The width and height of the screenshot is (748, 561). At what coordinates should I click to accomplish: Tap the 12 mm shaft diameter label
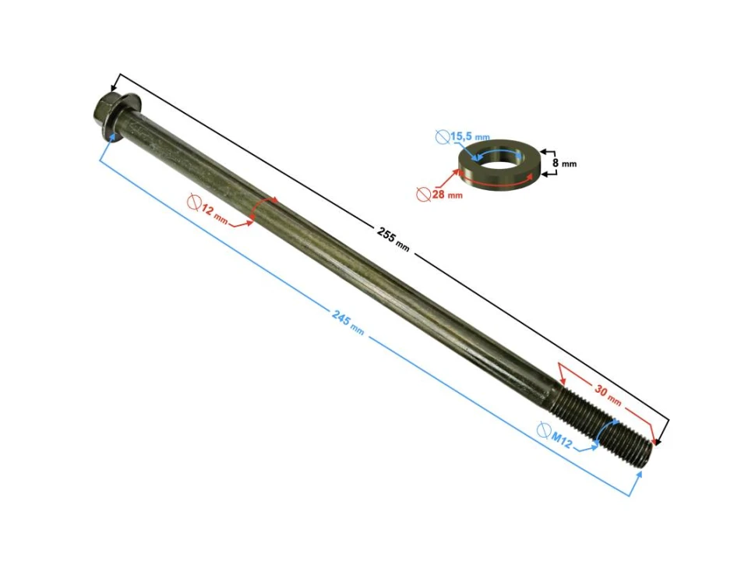(x=215, y=215)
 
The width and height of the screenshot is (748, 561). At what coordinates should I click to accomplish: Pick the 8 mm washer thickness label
(x=564, y=164)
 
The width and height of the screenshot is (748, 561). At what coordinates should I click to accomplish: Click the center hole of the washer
(x=498, y=157)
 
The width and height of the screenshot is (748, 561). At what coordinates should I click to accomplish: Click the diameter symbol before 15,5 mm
(x=442, y=137)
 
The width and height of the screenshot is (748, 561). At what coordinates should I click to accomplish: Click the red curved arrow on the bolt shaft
(x=265, y=206)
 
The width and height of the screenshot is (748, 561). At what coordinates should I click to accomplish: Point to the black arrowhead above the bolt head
(x=118, y=79)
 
